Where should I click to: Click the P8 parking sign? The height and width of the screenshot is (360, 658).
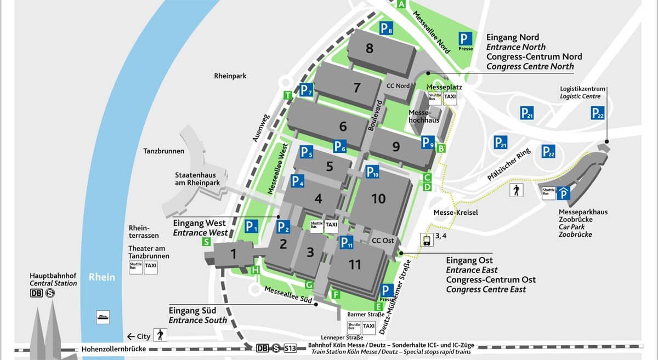[387, 28]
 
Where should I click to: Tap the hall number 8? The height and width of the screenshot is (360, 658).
[369, 48]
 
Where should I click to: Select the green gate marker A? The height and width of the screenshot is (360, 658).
[401, 4]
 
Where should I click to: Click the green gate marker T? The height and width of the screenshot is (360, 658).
[287, 95]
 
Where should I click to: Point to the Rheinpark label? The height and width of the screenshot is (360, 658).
[230, 76]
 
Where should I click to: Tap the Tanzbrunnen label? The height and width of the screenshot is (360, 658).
[164, 151]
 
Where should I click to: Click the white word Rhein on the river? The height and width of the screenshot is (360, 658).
[102, 277]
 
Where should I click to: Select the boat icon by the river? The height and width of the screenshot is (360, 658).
[103, 317]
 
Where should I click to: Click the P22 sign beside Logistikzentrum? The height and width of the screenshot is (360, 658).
[597, 113]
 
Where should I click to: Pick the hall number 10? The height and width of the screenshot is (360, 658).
[378, 199]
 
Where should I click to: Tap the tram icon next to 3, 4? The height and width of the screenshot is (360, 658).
[426, 239]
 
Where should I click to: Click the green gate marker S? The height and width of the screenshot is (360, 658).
[206, 242]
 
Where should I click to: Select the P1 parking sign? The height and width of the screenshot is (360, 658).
[251, 226]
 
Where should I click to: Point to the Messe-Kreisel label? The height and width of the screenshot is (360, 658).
[456, 213]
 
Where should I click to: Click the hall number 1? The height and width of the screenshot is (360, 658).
[234, 254]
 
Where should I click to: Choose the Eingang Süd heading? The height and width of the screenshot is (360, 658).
[192, 311]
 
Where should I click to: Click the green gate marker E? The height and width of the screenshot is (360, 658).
[378, 306]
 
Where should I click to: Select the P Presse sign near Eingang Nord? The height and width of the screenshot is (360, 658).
[466, 40]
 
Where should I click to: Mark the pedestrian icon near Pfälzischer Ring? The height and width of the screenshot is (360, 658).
[517, 190]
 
